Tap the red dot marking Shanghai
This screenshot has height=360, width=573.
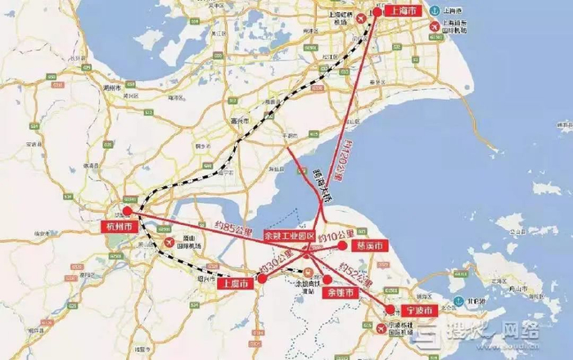[377, 11]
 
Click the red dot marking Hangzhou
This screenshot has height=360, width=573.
[128, 211]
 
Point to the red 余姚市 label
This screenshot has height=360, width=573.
[337, 292]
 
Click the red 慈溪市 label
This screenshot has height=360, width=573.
[364, 245]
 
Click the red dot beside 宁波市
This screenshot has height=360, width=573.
[390, 310]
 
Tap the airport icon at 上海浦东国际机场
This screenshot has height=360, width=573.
[435, 25]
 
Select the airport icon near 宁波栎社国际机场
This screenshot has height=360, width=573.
[381, 329]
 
